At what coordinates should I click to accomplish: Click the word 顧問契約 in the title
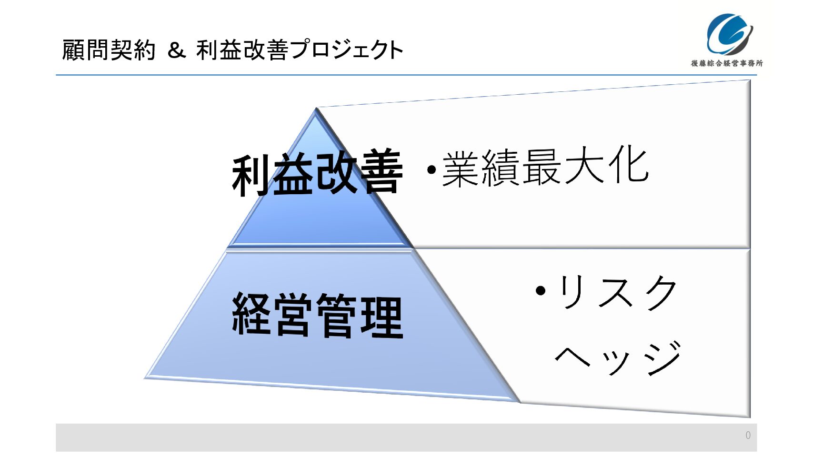point(109,50)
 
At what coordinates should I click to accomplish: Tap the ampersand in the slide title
point(176,50)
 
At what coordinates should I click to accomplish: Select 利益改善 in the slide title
point(242,50)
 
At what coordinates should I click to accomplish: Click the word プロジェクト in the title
point(347,50)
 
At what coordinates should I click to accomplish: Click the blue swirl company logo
point(730,34)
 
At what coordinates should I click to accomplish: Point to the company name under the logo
point(727,63)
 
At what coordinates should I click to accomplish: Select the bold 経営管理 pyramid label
point(318,315)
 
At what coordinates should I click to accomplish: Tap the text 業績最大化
point(545,167)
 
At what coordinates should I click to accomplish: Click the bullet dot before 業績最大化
point(431,170)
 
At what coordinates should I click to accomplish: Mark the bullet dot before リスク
point(541,290)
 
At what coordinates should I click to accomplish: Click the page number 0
point(748,435)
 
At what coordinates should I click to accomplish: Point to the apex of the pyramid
point(316,108)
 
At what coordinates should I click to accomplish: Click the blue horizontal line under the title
point(406,75)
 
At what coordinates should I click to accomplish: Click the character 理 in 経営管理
point(382,316)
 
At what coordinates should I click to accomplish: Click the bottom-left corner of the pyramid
point(145,378)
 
